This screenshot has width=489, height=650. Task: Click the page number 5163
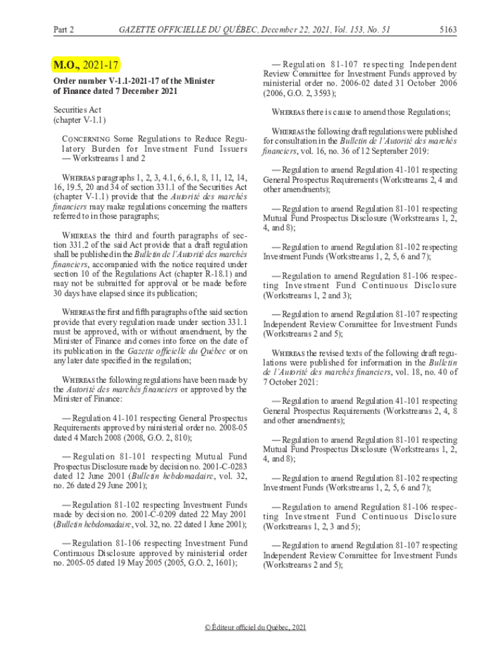click(448, 29)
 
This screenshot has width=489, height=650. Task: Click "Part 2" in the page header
click(64, 29)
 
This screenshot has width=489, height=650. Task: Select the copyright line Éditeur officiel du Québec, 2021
click(255, 627)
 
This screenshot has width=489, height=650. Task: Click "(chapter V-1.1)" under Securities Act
click(79, 119)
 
